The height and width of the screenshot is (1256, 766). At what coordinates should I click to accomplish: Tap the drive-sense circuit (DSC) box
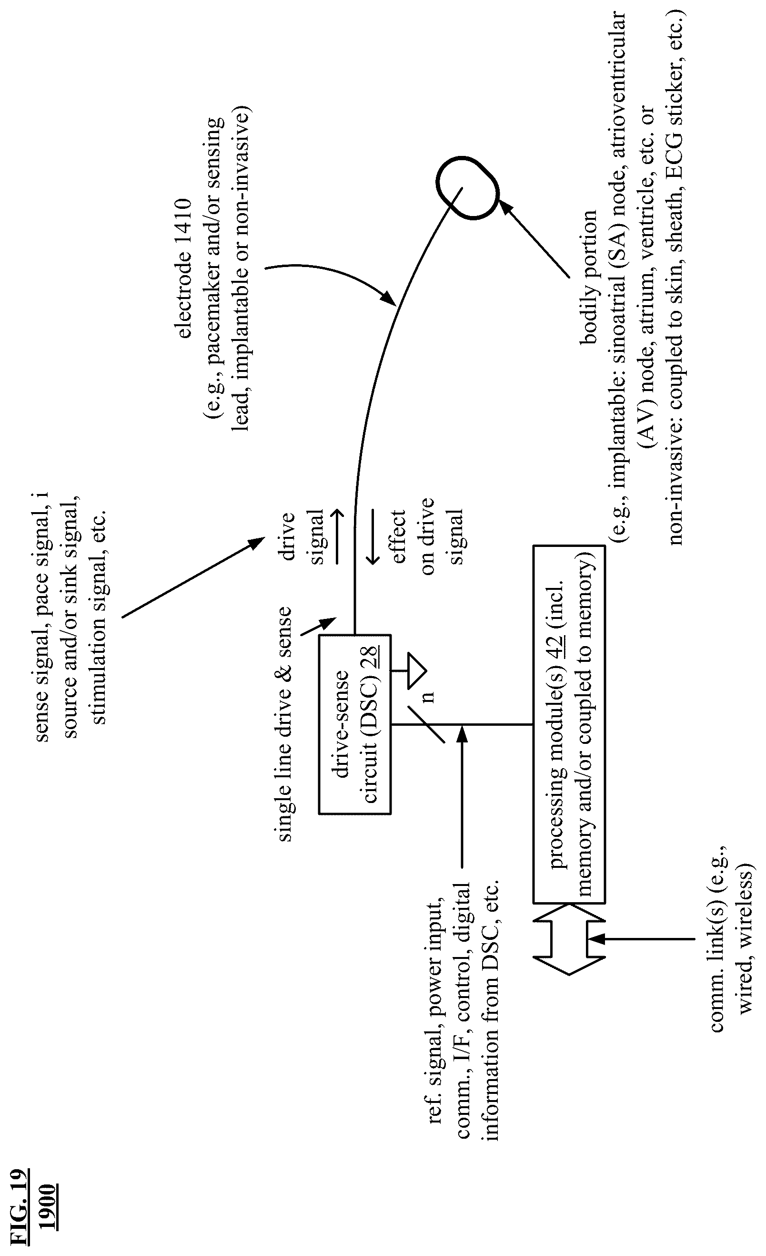355,724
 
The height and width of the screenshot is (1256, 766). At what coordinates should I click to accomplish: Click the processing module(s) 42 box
569,724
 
